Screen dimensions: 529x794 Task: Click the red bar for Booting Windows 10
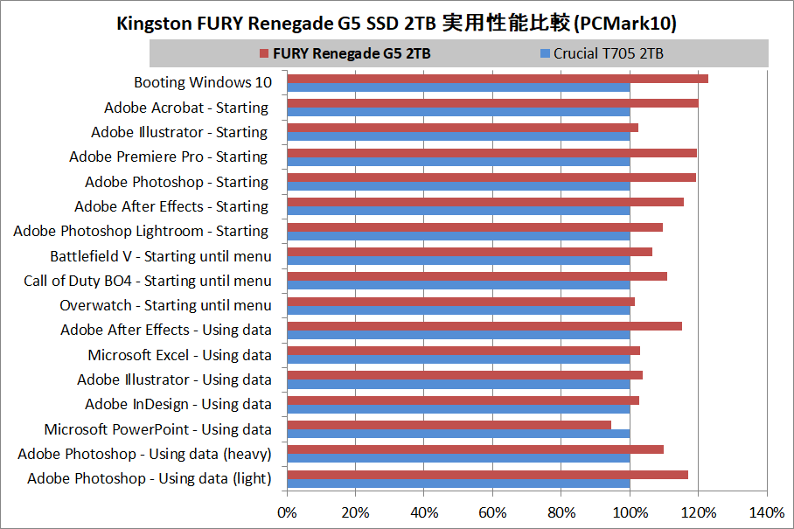tap(497, 79)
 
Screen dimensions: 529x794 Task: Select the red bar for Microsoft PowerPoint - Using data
tap(449, 425)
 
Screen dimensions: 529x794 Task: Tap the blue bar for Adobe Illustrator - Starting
tap(458, 136)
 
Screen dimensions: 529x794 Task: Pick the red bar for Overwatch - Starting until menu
tap(461, 302)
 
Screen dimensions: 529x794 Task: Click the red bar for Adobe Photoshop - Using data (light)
tap(487, 475)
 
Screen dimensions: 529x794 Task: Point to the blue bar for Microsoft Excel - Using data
tap(458, 359)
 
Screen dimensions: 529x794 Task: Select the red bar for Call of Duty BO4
tap(477, 276)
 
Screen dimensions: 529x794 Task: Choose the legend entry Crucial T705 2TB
tap(608, 54)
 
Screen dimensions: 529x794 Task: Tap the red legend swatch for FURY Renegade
tap(264, 54)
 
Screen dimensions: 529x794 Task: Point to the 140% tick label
tap(767, 512)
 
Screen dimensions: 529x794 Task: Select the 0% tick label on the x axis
tap(287, 512)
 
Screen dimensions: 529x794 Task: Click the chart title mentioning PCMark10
tap(396, 24)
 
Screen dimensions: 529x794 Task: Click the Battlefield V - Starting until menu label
tap(160, 256)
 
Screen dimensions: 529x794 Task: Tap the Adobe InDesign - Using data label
tap(178, 404)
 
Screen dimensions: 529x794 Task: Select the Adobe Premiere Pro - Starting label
tap(168, 157)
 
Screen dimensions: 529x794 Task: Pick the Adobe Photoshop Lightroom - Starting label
tap(141, 231)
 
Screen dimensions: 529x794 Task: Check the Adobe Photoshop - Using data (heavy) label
tap(144, 454)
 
